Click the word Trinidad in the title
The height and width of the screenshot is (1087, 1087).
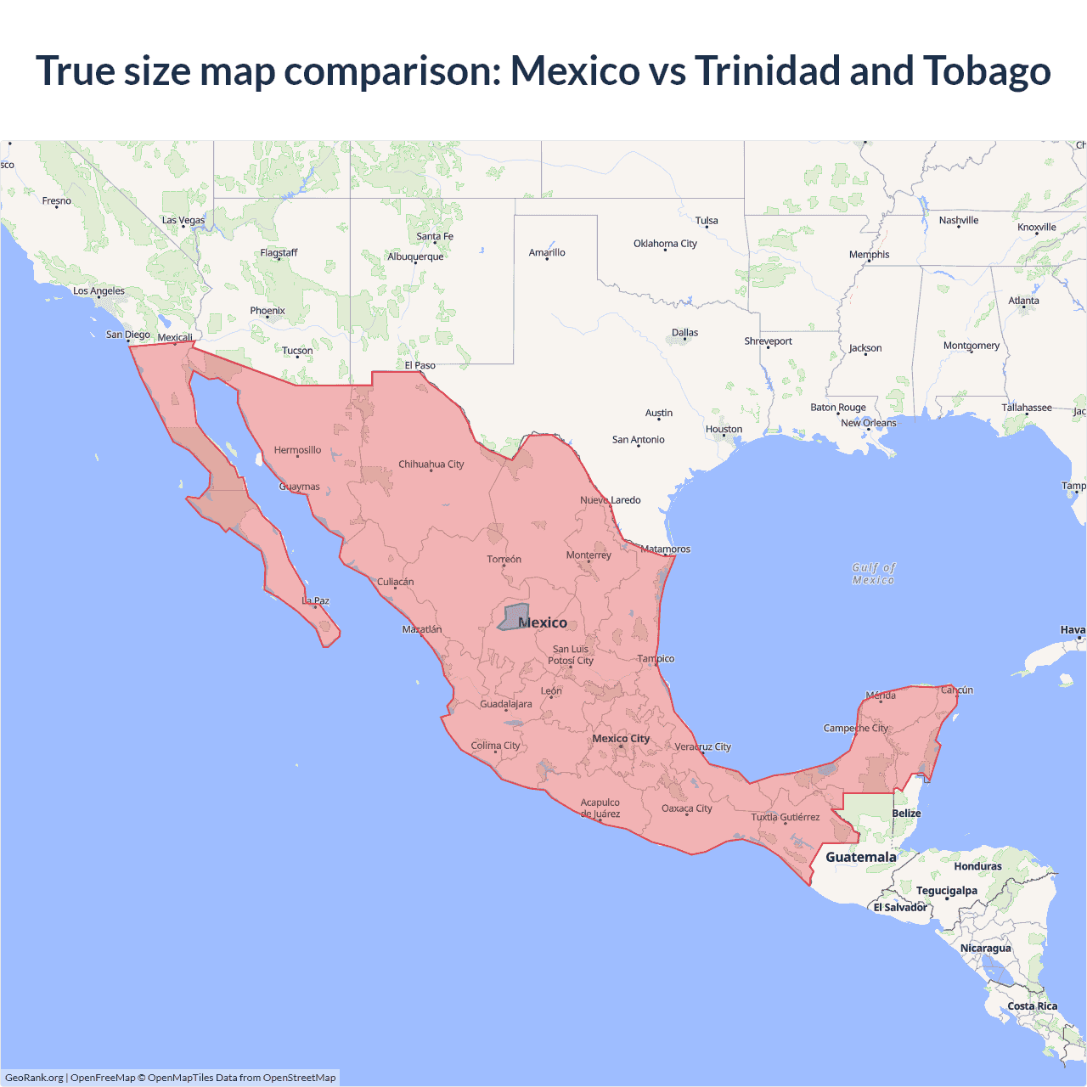point(768,71)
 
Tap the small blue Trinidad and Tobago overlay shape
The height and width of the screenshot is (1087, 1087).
point(513,617)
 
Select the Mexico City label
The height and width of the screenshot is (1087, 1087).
point(621,739)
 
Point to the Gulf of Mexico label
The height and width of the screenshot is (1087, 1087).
point(873,574)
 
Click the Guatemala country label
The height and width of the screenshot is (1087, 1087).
point(860,857)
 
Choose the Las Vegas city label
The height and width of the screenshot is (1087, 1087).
point(183,221)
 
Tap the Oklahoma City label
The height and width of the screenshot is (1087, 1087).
point(665,244)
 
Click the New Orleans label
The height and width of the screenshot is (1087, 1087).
point(868,423)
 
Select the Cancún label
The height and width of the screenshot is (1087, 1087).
point(957,690)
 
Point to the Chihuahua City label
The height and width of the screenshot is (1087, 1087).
point(431,465)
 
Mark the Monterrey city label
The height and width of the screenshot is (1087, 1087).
point(589,555)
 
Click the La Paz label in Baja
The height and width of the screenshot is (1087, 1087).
point(315,601)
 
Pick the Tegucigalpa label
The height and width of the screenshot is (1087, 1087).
point(946,891)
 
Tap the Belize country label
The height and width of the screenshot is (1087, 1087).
point(906,814)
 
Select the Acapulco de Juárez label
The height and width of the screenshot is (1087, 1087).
point(600,808)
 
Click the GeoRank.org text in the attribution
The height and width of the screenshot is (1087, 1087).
point(34,1078)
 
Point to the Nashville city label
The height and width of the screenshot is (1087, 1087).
point(959,221)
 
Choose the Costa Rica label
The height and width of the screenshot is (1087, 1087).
point(1032,1006)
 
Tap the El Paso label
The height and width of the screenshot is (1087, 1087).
point(420,366)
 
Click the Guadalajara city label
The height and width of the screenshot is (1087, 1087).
point(506,704)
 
